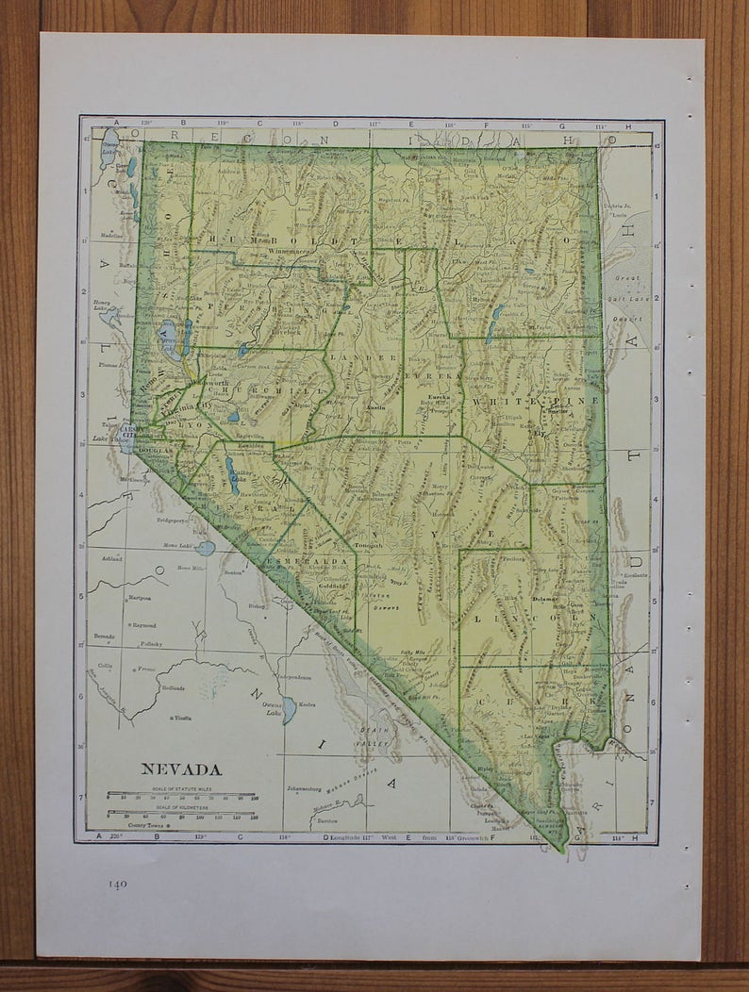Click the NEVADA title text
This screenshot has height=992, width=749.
pyautogui.click(x=182, y=769)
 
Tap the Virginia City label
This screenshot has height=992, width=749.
pyautogui.click(x=179, y=408)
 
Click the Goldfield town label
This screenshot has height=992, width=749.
pyautogui.click(x=332, y=585)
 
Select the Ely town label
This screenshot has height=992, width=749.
pyautogui.click(x=541, y=435)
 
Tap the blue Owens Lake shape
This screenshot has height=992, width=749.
pyautogui.click(x=288, y=709)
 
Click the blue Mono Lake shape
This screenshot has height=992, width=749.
pyautogui.click(x=205, y=548)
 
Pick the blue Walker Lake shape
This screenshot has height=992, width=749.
pyautogui.click(x=232, y=476)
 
